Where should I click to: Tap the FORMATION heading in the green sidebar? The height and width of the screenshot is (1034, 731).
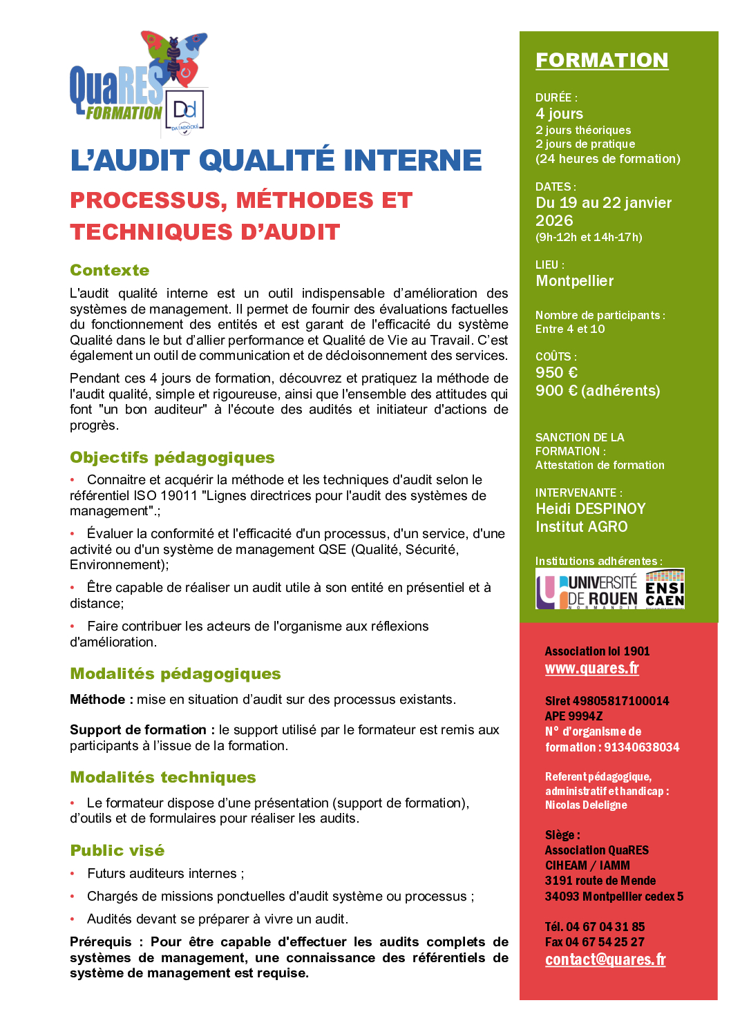[602, 60]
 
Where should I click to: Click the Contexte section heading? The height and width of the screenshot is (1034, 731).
[110, 270]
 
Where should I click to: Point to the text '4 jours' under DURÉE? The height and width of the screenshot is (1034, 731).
[559, 114]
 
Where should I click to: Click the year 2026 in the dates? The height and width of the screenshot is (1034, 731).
[554, 221]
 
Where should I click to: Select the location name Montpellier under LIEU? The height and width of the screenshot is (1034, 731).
[574, 281]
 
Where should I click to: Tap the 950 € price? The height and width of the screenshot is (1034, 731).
[556, 373]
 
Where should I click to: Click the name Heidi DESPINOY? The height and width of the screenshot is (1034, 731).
[590, 509]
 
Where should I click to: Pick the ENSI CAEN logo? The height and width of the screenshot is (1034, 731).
[664, 589]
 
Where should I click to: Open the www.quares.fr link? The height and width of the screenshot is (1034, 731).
[591, 669]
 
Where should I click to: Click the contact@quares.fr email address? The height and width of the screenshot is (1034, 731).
[605, 959]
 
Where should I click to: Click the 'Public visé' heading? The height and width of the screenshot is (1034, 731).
[117, 850]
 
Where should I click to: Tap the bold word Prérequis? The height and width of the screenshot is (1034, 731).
[101, 942]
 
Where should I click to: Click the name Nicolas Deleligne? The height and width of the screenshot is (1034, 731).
[586, 805]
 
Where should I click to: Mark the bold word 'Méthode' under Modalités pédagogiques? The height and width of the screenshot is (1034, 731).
[97, 700]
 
